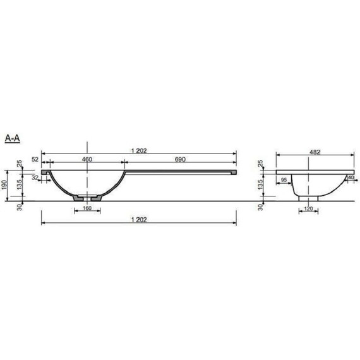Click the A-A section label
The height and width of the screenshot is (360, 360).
click(13, 138)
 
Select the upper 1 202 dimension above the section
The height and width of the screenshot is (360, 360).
click(139, 151)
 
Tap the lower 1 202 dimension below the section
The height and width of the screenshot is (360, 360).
click(139, 220)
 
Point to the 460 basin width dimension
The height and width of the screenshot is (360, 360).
click(87, 159)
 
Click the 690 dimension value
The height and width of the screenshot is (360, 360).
click(180, 159)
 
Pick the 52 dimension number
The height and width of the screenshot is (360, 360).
click(35, 159)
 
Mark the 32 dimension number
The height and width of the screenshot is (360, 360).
click(35, 177)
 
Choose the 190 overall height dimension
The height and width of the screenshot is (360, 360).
click(4, 185)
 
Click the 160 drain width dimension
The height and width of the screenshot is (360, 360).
click(87, 208)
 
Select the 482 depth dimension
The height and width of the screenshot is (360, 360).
click(315, 152)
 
